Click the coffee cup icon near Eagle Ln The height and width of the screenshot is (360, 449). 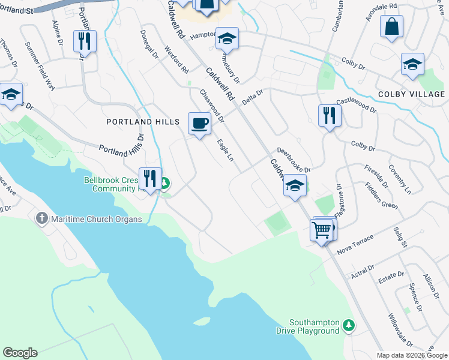click(x=199, y=124)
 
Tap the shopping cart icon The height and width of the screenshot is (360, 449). click(x=321, y=229)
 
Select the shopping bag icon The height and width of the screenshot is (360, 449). click(x=391, y=26)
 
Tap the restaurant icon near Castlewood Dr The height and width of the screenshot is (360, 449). click(x=328, y=115)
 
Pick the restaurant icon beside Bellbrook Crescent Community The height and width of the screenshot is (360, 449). click(x=149, y=178)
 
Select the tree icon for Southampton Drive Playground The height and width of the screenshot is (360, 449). click(x=349, y=326)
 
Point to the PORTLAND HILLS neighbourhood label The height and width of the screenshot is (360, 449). click(x=143, y=122)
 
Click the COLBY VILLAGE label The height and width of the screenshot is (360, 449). click(x=411, y=94)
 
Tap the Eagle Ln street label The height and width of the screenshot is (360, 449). click(x=224, y=151)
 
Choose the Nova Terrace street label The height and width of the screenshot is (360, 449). click(x=355, y=244)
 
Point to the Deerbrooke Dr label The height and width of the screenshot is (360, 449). click(x=293, y=160)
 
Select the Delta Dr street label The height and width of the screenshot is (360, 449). click(x=253, y=98)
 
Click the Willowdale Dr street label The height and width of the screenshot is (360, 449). click(x=400, y=330)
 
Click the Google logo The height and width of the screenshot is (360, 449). click(x=20, y=353)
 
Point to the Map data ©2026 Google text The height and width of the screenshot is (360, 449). click(x=411, y=355)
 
